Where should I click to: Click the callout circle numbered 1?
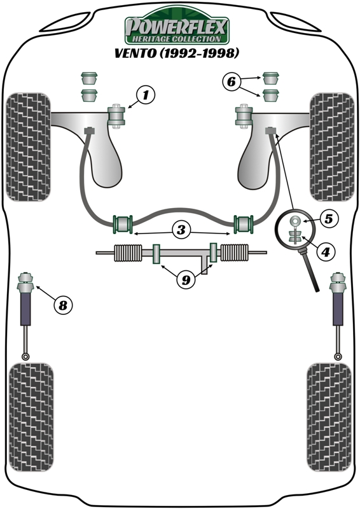coord(145,96)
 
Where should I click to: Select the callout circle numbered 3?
coord(182,230)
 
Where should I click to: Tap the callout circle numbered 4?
coord(324,253)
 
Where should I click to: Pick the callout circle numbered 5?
coord(328,219)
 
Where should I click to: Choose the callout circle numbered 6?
coord(232,81)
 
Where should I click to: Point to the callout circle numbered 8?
coord(62,305)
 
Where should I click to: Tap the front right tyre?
coord(330,146)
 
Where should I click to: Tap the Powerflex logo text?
coord(176,26)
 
